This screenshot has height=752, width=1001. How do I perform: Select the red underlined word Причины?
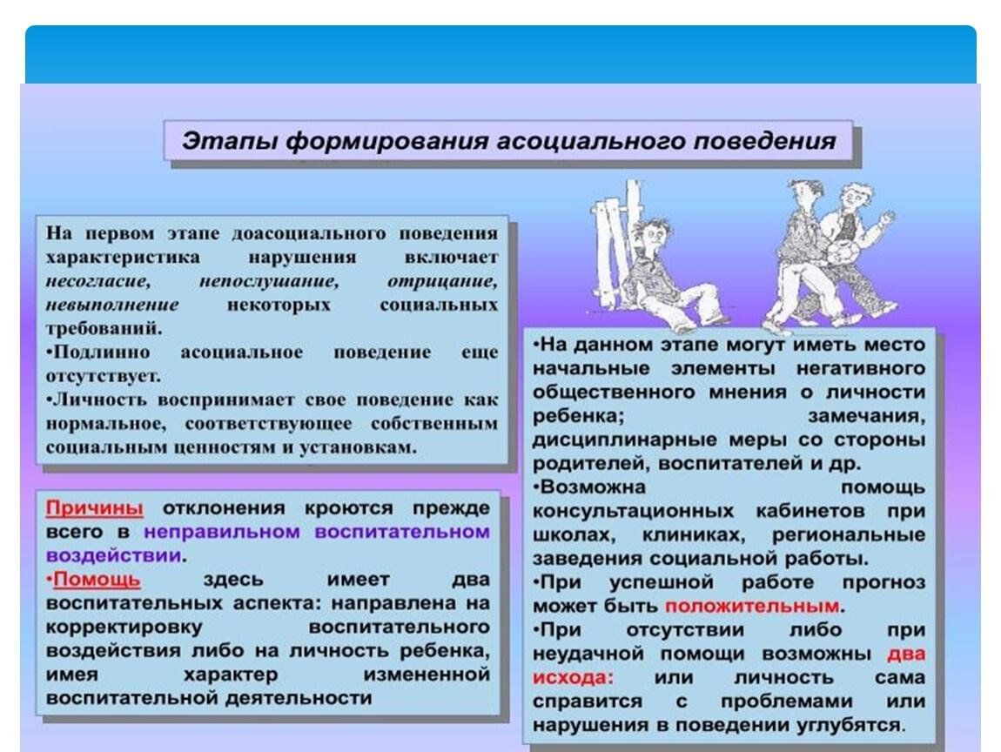pos(94,508)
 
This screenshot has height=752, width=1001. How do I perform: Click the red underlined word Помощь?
pos(97,580)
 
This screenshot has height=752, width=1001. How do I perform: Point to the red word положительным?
pos(754,606)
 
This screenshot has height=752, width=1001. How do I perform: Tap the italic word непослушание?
pos(267,282)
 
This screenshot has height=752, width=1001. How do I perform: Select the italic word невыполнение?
pos(112,305)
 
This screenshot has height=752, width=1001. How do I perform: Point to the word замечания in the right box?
pos(866,416)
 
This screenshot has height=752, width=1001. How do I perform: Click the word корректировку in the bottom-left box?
pos(124,627)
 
